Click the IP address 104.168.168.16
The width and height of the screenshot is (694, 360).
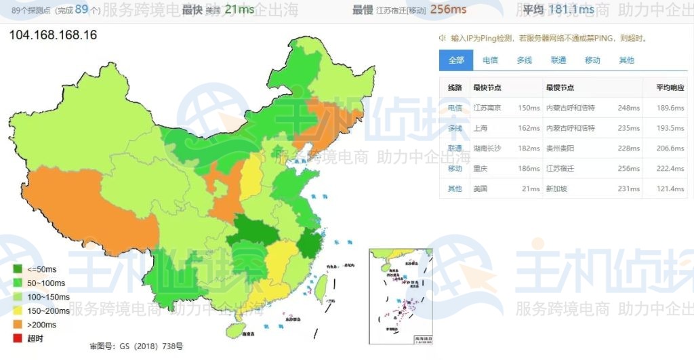click(x=53, y=35)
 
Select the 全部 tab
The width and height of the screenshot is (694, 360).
click(x=455, y=60)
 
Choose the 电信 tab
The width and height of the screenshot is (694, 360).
click(x=490, y=60)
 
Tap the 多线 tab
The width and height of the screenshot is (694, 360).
click(x=524, y=60)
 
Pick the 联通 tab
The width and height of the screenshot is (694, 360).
click(x=558, y=60)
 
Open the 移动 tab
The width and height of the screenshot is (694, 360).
click(x=592, y=60)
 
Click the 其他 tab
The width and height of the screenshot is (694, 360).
click(x=626, y=60)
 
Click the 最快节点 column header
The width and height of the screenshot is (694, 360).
click(x=487, y=87)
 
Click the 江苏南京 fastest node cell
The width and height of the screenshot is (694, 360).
click(x=487, y=108)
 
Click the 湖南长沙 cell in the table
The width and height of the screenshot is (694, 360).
click(x=487, y=148)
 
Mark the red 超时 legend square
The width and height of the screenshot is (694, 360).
click(x=18, y=338)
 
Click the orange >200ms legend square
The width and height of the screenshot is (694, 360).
click(x=18, y=325)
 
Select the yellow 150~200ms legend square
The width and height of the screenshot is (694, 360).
click(x=18, y=311)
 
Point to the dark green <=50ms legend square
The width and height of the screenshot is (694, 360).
click(x=18, y=270)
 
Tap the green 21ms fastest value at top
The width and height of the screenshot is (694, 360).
click(x=239, y=9)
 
